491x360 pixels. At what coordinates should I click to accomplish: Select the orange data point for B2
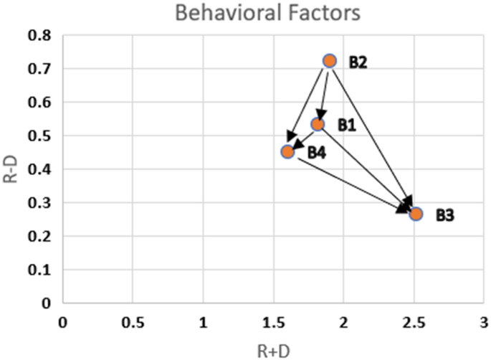click(x=329, y=61)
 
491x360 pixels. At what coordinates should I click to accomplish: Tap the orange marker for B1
click(x=318, y=125)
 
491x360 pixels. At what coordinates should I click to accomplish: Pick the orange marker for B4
click(x=287, y=151)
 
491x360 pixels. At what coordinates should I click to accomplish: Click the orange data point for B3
click(x=416, y=214)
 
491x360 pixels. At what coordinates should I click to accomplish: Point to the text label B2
click(x=358, y=62)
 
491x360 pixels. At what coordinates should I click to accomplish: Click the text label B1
click(x=348, y=125)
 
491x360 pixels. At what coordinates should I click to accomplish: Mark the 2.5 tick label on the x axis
click(x=414, y=319)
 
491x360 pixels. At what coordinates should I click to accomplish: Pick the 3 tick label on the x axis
click(x=484, y=319)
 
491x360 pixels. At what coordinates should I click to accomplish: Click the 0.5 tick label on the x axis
click(x=133, y=319)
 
